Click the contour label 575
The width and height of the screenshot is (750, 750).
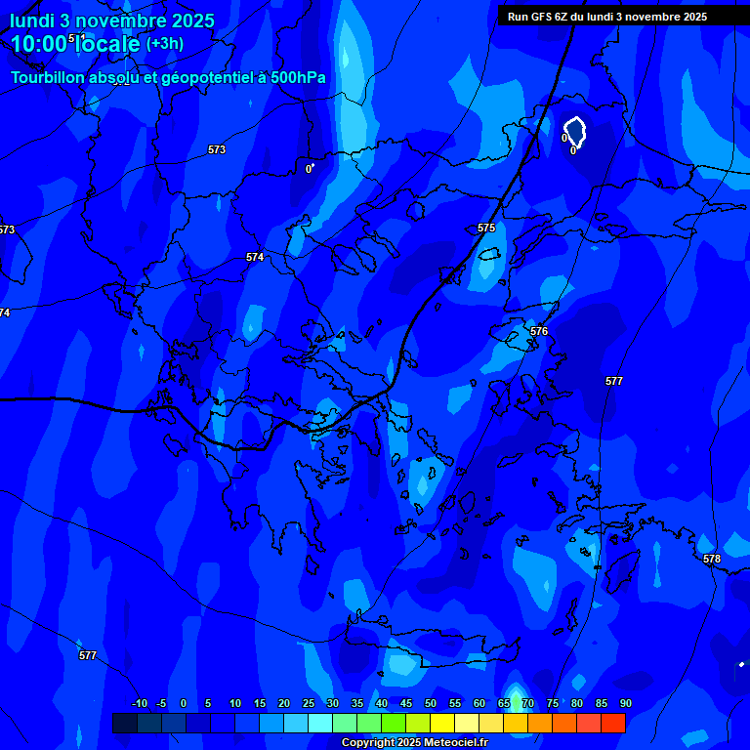486,228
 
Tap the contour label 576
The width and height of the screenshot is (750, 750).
539,331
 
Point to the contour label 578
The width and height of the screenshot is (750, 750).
712,559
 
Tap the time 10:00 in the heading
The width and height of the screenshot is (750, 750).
38,44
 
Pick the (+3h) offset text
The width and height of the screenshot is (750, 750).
164,44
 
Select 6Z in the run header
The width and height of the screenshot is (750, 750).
562,17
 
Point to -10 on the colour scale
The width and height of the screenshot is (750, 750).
139,703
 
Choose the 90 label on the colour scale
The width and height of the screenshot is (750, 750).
626,703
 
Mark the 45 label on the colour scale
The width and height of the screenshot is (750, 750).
406,703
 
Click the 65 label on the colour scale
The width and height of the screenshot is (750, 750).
504,703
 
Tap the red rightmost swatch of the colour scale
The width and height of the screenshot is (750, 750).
613,723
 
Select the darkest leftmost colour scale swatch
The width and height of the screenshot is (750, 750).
125,723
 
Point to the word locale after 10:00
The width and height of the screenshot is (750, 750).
105,44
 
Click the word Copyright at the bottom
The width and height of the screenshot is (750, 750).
367,743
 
